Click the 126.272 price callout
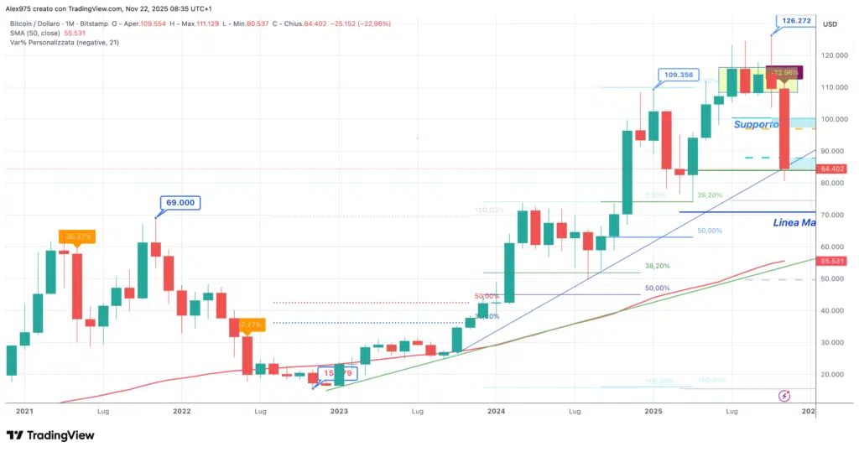coord(794,20)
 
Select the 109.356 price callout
coord(679,75)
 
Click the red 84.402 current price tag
coord(834,169)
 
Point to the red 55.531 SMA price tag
coord(834,261)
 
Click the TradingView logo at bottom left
coord(50,435)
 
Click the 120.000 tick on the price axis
coord(832,55)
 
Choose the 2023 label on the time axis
coord(338,412)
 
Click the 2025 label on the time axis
coord(653,412)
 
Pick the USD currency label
coord(830,23)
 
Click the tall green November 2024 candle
coord(626,172)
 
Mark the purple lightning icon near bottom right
coord(784,396)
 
